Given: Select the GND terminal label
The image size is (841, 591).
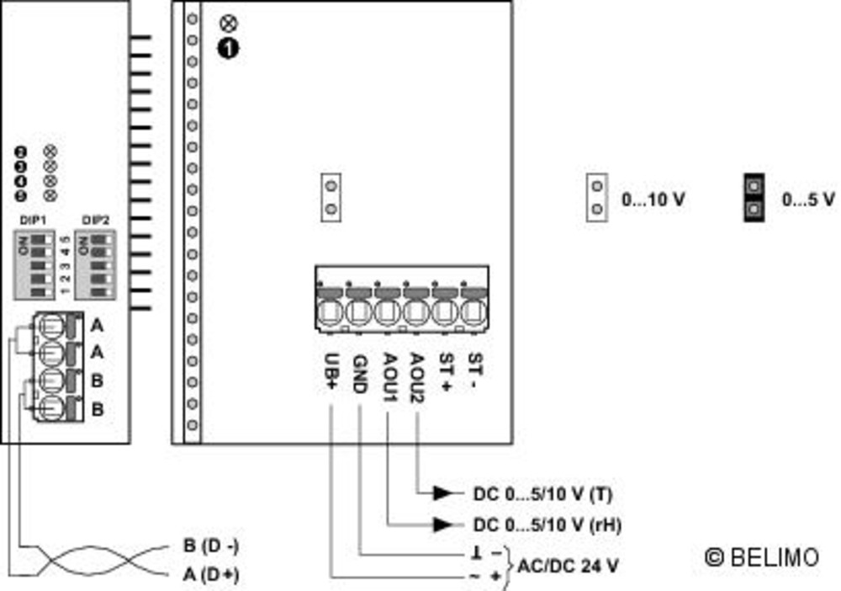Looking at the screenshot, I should point(358,372).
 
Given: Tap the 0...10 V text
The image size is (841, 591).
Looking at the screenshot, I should point(653,200).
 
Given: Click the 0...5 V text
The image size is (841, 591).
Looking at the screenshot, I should point(808,200).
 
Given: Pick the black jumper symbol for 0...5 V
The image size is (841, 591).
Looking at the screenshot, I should point(754,198).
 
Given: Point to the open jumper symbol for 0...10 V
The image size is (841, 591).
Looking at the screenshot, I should point(597,198).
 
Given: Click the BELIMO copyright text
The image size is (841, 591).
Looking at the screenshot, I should point(762,557).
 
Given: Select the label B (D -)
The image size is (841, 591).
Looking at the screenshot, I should point(211,546).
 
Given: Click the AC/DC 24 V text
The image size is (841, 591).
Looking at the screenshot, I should point(569,567).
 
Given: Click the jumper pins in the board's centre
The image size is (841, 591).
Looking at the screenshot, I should point(331,197).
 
